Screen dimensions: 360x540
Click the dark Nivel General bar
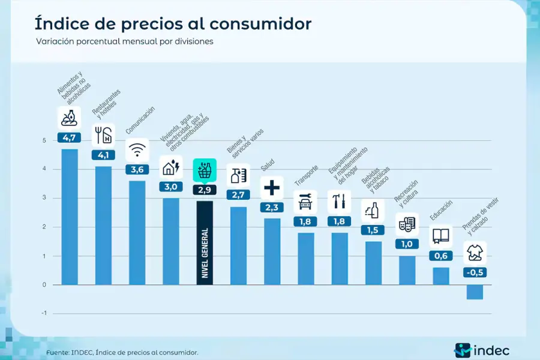205,243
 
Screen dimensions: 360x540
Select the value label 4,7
70,137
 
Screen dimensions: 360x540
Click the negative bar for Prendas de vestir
475,292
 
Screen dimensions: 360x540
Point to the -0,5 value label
475,272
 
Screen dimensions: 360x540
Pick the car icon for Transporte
305,202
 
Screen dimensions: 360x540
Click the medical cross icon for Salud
272,188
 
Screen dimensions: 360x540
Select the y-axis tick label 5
44,140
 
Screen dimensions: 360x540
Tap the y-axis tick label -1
43,313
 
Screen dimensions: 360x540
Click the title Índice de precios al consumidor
173,24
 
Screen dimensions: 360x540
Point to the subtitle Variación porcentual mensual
124,42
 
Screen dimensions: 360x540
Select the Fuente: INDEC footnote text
122,352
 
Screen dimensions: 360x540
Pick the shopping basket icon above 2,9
205,170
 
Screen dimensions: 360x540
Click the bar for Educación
441,275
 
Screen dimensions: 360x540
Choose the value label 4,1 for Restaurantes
103,155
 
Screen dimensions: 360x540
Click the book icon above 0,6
441,236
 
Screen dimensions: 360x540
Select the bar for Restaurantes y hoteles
103,225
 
